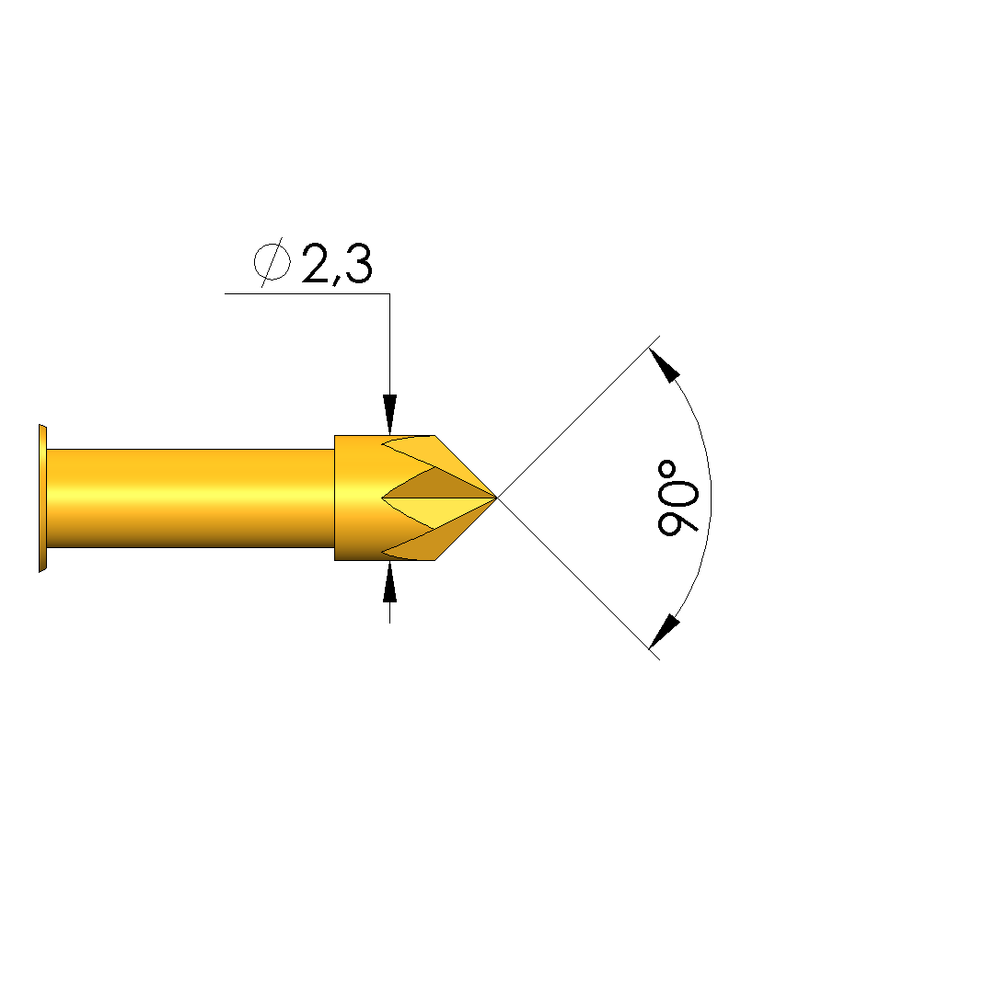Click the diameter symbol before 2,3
click(272, 262)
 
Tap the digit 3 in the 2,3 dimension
click(358, 263)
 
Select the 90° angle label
click(678, 498)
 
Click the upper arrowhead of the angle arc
click(665, 365)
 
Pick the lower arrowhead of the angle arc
click(665, 632)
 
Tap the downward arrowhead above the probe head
click(389, 415)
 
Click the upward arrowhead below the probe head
click(389, 581)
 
